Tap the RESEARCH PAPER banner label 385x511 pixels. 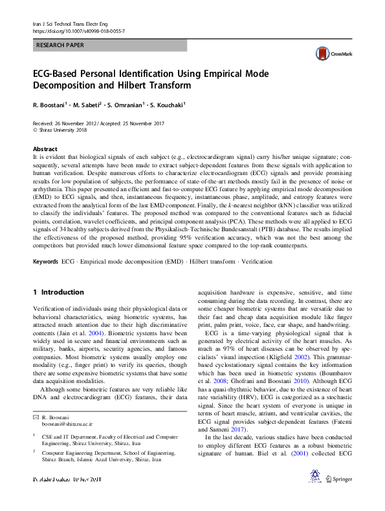pos(60,46)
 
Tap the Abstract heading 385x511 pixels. pos(45,149)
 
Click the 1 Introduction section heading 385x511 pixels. pos(58,292)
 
